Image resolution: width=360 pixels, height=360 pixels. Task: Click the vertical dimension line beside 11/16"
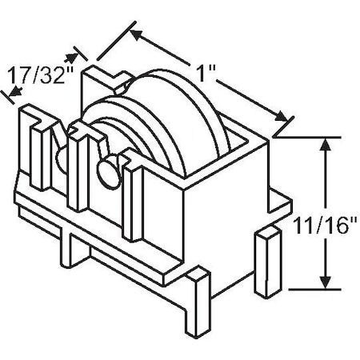coord(325,184)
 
